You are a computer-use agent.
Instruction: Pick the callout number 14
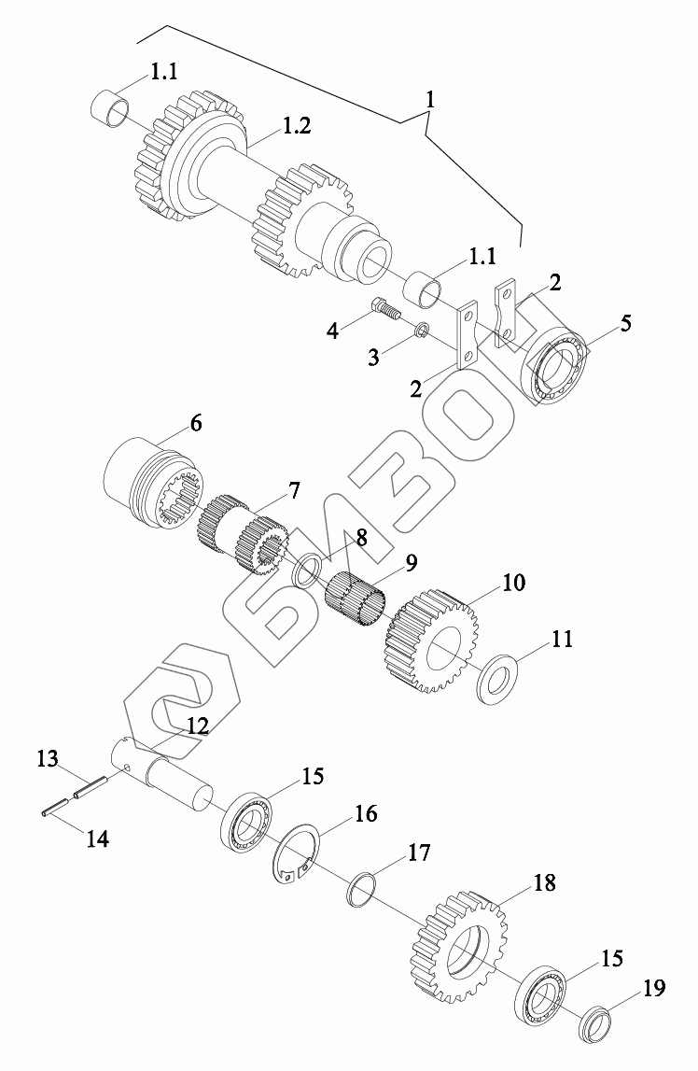(97, 838)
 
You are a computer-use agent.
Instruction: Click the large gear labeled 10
(434, 640)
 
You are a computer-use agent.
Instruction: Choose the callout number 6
(196, 423)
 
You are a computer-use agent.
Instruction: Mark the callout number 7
(293, 489)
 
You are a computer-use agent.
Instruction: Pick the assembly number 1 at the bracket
(430, 98)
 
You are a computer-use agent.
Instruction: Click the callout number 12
(197, 726)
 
